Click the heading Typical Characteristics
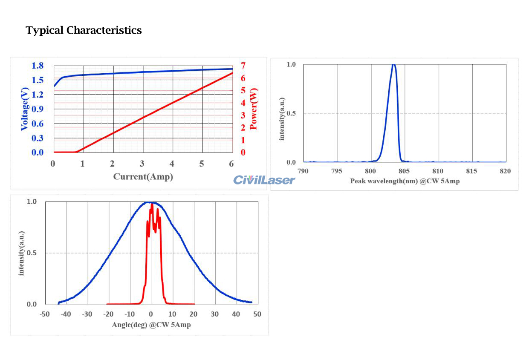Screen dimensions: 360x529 tap(84, 31)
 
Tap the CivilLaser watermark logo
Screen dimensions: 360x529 tap(264, 180)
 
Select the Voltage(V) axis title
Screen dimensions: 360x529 tap(25, 109)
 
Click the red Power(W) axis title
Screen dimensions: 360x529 tap(254, 109)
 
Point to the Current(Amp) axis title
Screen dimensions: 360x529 tap(143, 176)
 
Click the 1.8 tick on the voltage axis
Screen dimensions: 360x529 tap(38, 66)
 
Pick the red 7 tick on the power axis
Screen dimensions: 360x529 tap(243, 66)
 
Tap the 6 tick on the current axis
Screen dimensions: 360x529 tap(231, 164)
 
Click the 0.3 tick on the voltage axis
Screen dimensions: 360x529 tap(38, 138)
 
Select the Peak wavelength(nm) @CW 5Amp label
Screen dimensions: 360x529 tap(405, 181)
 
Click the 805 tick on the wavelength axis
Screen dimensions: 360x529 tap(405, 171)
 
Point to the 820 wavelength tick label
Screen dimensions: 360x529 tap(506, 171)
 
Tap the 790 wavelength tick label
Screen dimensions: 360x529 tap(303, 171)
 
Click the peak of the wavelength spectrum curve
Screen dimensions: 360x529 tap(393, 65)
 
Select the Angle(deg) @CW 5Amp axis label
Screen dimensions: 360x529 tap(151, 325)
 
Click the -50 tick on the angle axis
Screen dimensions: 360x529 tap(44, 314)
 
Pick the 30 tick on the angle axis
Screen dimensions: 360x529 tap(215, 314)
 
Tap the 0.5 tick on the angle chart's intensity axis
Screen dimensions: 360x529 tap(32, 253)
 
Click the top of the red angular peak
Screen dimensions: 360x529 tap(152, 203)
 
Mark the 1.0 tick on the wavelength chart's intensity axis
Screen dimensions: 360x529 tap(291, 64)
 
